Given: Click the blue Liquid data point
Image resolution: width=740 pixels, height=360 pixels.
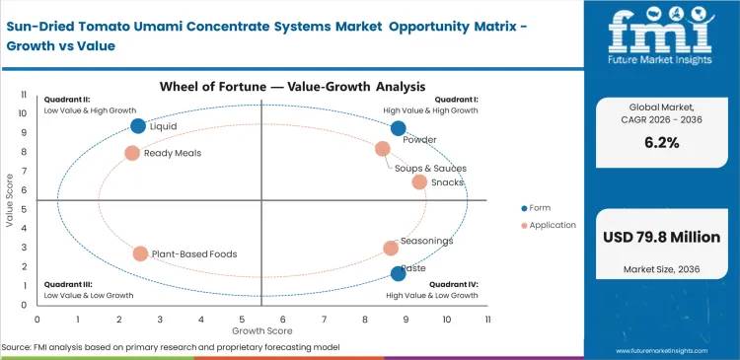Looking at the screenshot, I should [138, 126].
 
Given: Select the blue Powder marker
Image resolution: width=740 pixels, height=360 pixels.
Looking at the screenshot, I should [398, 128].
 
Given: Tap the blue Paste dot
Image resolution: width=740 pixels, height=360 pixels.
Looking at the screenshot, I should [398, 274].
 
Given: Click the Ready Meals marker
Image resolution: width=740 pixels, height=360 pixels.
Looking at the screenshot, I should [132, 153].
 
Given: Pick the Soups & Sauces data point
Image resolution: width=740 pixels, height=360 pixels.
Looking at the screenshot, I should [383, 149].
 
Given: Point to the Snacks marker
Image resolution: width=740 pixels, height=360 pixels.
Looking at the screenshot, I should [419, 181].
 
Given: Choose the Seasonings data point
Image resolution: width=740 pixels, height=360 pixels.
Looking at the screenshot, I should [391, 249].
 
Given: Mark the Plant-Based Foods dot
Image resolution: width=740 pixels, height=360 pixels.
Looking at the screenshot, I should [140, 253].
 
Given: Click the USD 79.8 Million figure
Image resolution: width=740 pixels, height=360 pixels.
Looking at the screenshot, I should [660, 237].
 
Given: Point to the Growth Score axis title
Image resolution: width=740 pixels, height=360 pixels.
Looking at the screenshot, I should [262, 331].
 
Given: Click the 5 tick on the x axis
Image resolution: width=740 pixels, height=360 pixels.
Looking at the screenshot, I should [242, 320].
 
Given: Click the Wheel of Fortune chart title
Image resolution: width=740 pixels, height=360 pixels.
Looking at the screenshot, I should [262, 87].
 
